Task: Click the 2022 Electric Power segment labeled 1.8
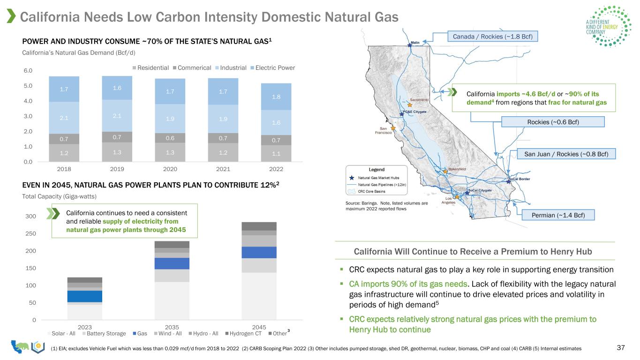pyautogui.click(x=276, y=97)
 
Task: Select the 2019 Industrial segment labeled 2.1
pyautogui.click(x=117, y=116)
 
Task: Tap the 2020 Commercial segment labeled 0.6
pyautogui.click(x=170, y=138)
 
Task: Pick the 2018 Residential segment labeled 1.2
pyautogui.click(x=64, y=153)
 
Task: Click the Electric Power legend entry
pyautogui.click(x=272, y=67)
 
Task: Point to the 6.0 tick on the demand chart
pyautogui.click(x=28, y=71)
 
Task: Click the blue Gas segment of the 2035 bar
pyautogui.click(x=172, y=263)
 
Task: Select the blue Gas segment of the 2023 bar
pyautogui.click(x=84, y=296)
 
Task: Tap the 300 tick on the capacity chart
pyautogui.click(x=30, y=216)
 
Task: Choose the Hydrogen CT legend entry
pyautogui.click(x=243, y=333)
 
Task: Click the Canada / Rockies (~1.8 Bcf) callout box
pyautogui.click(x=493, y=37)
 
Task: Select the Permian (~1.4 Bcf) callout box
pyautogui.click(x=558, y=215)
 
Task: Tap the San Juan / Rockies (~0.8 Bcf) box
pyautogui.click(x=566, y=154)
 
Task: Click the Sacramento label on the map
pyautogui.click(x=419, y=100)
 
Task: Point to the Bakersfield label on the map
pyautogui.click(x=457, y=169)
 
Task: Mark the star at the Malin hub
pyautogui.click(x=410, y=45)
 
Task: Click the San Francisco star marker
pyautogui.click(x=393, y=128)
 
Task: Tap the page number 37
pyautogui.click(x=621, y=347)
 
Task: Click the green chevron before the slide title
pyautogui.click(x=11, y=16)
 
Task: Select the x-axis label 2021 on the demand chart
pyautogui.click(x=223, y=169)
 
